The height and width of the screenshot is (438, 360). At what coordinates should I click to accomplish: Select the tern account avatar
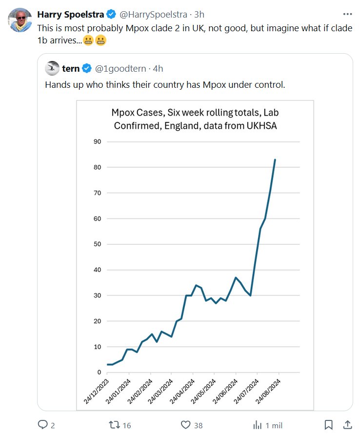(52, 68)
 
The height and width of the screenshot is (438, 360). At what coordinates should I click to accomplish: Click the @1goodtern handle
(121, 68)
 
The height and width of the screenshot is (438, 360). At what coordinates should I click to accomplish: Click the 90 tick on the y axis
(97, 142)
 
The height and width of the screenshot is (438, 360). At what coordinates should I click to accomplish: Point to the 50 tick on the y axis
(97, 244)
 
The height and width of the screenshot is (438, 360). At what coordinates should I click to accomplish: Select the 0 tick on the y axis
(99, 373)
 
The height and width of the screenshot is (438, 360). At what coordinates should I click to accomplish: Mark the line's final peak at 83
(275, 159)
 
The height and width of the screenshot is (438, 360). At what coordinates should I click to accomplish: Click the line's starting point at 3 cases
(108, 364)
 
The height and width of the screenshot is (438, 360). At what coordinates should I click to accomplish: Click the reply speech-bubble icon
(43, 425)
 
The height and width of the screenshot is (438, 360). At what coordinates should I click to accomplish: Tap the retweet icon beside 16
(114, 425)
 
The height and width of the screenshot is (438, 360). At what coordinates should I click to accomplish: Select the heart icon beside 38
(185, 425)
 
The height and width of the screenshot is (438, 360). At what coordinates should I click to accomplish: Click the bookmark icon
(329, 425)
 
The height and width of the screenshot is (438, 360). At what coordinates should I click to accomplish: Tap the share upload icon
(347, 425)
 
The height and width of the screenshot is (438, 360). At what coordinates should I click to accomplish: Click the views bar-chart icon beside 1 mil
(257, 425)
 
